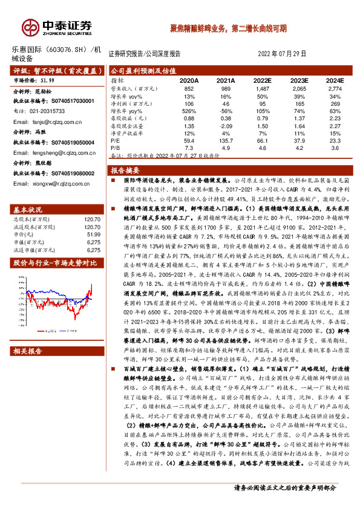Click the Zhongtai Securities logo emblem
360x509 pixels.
[25, 25]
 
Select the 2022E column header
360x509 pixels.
[262, 80]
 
